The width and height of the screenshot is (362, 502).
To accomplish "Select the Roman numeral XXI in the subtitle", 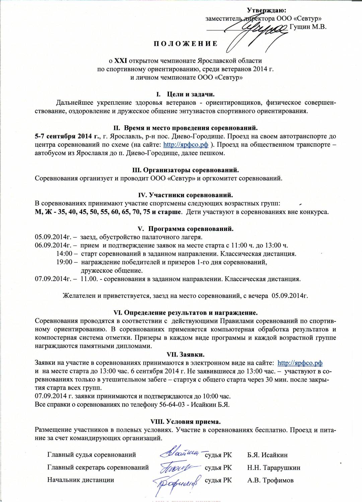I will (121, 61).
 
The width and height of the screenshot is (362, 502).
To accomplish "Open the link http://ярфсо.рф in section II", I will (186, 145).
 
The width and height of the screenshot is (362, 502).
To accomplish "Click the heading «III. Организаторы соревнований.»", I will (186, 170).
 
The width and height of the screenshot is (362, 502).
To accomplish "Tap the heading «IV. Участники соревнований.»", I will (186, 195).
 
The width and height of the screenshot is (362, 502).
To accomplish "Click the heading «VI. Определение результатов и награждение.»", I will (186, 313).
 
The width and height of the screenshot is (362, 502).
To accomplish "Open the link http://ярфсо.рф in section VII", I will (300, 363).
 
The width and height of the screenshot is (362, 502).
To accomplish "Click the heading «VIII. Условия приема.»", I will (186, 421).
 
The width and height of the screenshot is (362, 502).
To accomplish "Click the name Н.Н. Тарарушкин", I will (274, 468).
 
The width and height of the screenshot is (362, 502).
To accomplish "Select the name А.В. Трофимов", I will (270, 480).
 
